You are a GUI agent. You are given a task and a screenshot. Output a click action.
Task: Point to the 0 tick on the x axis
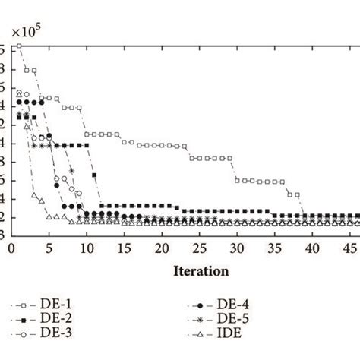tap(11, 248)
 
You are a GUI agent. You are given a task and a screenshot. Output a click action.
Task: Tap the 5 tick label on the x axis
tap(49, 248)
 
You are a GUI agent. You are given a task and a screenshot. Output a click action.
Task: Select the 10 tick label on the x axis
tap(87, 248)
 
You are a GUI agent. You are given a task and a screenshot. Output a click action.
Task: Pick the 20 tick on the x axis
tap(162, 248)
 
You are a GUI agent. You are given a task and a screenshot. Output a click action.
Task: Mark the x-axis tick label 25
tap(199, 248)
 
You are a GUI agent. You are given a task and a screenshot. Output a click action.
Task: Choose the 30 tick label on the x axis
tap(237, 248)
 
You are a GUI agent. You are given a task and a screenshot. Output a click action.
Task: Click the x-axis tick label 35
tap(274, 248)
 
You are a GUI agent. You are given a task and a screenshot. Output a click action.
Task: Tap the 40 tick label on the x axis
tap(312, 248)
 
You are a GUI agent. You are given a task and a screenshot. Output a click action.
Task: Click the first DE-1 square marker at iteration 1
tap(19, 46)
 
